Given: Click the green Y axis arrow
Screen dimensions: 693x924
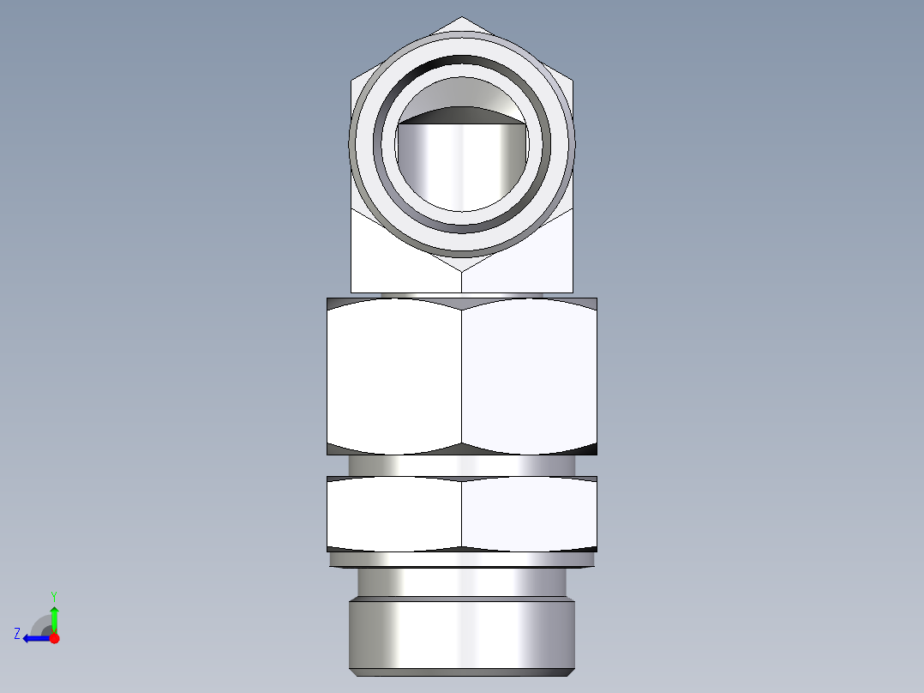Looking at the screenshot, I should [x=54, y=617].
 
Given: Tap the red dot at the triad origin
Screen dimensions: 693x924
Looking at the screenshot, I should [x=54, y=638].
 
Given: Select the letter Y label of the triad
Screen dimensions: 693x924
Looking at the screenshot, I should [x=53, y=595].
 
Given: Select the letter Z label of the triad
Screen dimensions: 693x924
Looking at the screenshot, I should [x=17, y=633].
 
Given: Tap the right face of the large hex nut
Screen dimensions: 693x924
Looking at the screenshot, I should [x=529, y=376].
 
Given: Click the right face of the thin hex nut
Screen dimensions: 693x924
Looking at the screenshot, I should [x=529, y=513].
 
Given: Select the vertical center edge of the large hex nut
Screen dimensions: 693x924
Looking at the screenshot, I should [x=461, y=376].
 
